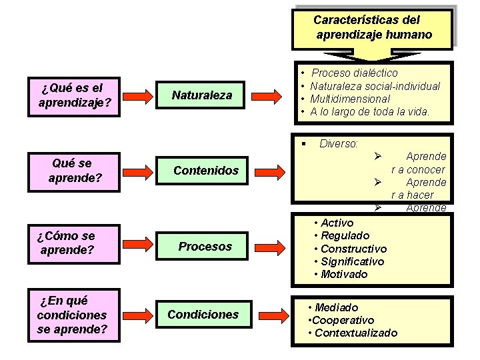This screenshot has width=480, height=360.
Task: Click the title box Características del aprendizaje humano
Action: (x=373, y=27)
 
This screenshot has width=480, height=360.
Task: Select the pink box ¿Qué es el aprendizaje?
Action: (x=74, y=95)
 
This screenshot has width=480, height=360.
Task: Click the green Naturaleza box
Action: (x=202, y=95)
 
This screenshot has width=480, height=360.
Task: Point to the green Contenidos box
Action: (x=205, y=171)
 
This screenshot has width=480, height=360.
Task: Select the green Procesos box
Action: (x=205, y=247)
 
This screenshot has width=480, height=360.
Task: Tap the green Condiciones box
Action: (x=203, y=315)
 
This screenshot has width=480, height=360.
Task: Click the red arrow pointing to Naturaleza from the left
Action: (x=138, y=96)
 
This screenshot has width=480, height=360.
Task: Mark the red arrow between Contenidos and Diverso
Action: (x=271, y=171)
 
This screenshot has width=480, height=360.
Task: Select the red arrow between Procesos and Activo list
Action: (x=271, y=247)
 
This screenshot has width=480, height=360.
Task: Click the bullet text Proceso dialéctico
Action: (x=354, y=73)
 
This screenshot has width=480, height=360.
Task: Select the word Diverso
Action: (x=339, y=143)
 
